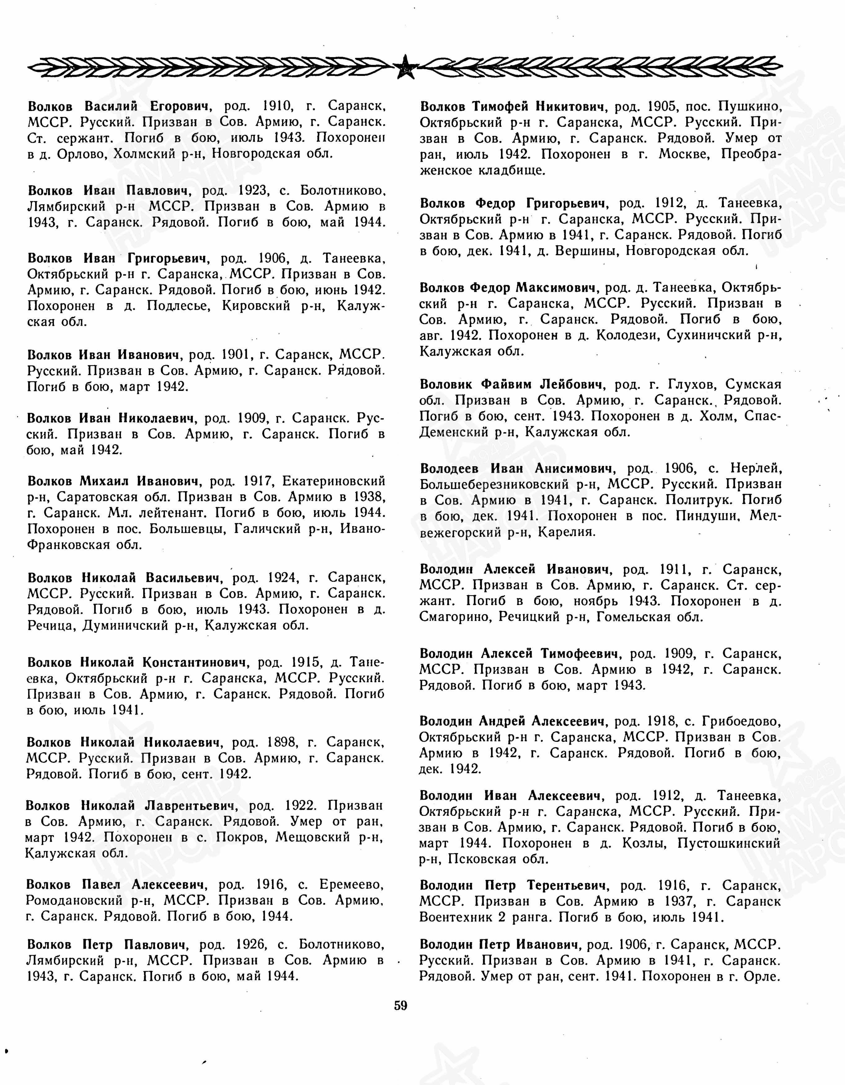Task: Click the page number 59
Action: [x=400, y=1006]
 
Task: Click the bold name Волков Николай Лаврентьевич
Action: [x=130, y=805]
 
